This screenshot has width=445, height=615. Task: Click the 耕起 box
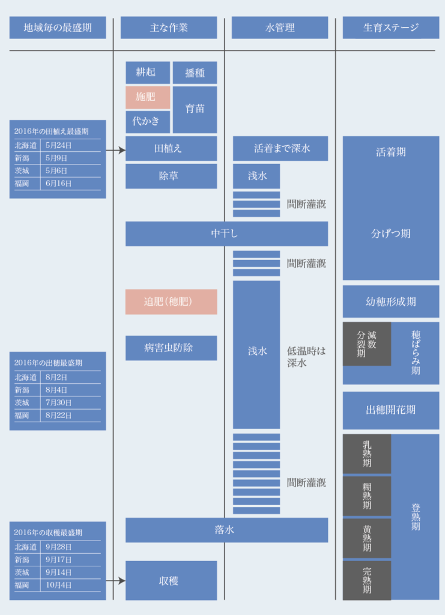tap(148, 73)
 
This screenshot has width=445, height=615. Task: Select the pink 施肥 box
tap(148, 97)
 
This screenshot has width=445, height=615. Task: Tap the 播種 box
tap(195, 73)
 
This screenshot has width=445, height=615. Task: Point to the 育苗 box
tap(195, 109)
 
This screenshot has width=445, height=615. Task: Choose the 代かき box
tap(148, 122)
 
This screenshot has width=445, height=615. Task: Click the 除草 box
tap(171, 176)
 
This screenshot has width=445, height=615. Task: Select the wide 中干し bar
tap(226, 234)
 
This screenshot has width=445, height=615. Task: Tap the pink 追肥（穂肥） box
tap(171, 301)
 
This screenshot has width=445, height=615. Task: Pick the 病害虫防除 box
tap(171, 348)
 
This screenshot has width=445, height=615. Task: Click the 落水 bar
tap(226, 530)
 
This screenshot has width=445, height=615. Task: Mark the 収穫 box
tap(171, 580)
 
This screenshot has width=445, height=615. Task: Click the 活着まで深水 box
tap(280, 149)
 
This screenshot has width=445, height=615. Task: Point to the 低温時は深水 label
tap(306, 357)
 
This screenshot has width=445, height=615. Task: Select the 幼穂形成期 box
tap(391, 301)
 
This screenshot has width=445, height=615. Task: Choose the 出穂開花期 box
tap(391, 410)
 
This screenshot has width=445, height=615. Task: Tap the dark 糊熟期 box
tap(367, 496)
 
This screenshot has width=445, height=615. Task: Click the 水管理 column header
tap(280, 28)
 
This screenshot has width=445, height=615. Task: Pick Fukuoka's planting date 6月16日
tap(58, 184)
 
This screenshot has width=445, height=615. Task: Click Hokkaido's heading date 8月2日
tap(56, 377)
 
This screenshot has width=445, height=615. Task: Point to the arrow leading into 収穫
tap(116, 581)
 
